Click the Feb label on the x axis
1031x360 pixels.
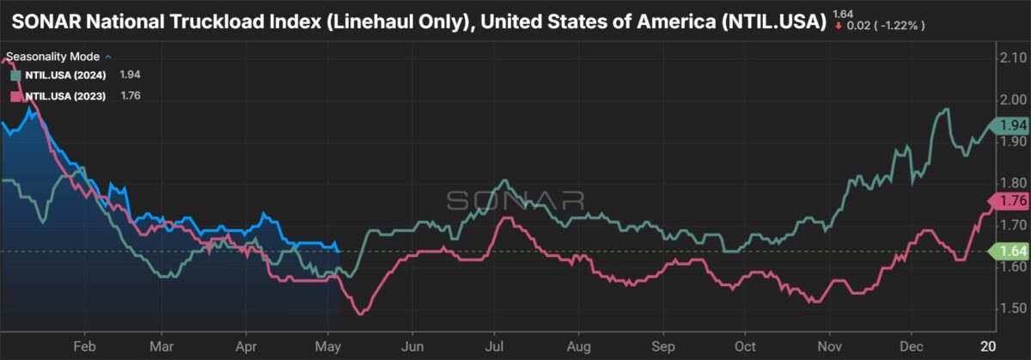(85, 346)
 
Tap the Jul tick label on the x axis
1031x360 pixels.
(494, 346)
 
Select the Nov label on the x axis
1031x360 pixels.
(830, 346)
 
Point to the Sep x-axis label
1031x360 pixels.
(663, 346)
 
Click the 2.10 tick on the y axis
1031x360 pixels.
(1013, 58)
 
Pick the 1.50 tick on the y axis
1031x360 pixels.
(1013, 308)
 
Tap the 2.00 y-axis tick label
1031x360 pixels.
(1013, 100)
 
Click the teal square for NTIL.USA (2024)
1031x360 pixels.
(16, 76)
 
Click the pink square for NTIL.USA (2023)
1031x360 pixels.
(16, 96)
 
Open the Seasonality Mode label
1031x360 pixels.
(53, 57)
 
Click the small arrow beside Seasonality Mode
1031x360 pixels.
(108, 57)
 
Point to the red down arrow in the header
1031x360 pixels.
(839, 26)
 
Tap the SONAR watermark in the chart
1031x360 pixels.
(515, 201)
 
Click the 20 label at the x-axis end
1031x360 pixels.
(989, 346)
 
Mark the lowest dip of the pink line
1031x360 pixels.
(360, 314)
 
